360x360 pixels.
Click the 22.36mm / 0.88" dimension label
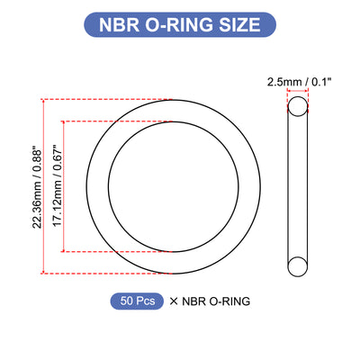[38, 187]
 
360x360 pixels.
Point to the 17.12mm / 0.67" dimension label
[57, 186]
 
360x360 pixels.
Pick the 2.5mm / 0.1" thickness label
[299, 82]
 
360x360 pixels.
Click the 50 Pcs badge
[137, 301]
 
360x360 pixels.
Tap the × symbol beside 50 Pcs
[174, 301]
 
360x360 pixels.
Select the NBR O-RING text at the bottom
[216, 301]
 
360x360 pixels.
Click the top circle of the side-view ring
[298, 96]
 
